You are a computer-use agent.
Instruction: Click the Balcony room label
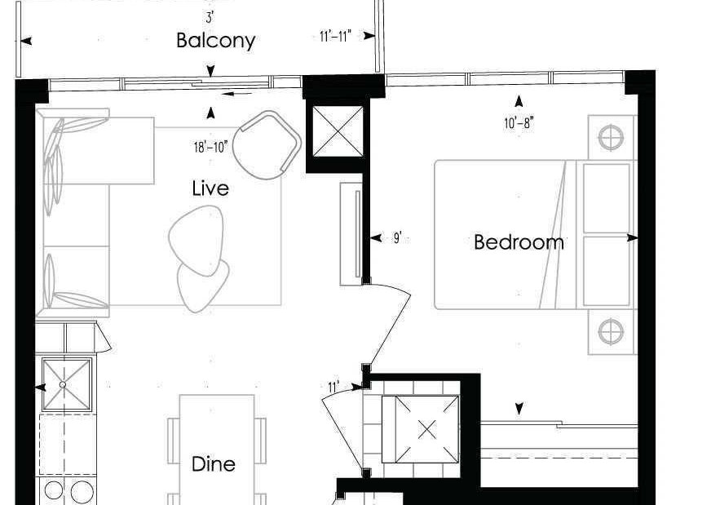pos(216,41)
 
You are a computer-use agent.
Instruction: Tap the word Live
pos(210,188)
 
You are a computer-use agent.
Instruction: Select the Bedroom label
pos(519,242)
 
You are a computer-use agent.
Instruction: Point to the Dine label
pos(214,463)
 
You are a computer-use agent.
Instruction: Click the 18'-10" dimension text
pos(210,147)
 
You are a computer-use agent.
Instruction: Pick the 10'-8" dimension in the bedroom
pos(519,123)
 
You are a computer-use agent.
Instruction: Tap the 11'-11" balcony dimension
pos(336,36)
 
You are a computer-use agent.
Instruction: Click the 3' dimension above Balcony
pos(210,18)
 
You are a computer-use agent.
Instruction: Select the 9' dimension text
pos(398,238)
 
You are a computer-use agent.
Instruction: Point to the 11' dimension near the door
pos(333,388)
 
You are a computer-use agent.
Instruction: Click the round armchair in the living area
pos(267,145)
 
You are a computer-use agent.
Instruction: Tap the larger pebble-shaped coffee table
pos(197,241)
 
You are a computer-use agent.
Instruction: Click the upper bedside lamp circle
pos(612,137)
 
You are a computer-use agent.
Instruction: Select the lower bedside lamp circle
pos(612,332)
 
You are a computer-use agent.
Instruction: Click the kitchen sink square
pos(67,384)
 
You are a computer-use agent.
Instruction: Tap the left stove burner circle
pos(54,490)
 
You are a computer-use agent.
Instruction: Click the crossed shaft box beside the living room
pos(338,131)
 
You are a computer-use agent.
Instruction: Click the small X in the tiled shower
pos(427,430)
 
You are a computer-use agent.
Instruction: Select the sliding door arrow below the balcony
pos(236,94)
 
